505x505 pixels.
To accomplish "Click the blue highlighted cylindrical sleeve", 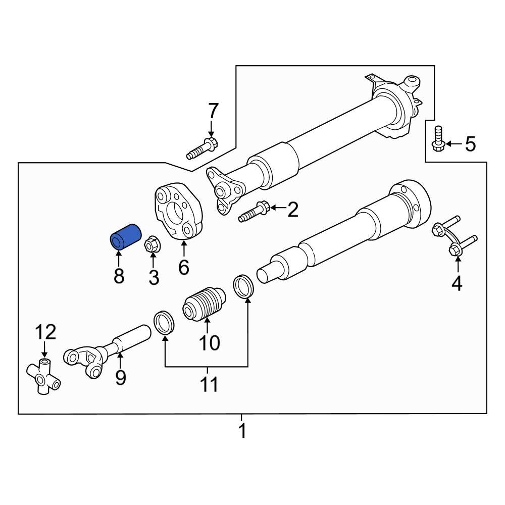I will coord(124,237).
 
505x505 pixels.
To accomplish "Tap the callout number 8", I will coord(119,276).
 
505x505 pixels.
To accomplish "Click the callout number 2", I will coord(293,209).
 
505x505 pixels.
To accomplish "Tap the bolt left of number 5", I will coord(437,137).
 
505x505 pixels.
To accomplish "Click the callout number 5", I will coord(470,145).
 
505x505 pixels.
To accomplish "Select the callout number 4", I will coord(457,284).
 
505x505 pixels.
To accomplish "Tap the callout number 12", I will coord(45,332).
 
